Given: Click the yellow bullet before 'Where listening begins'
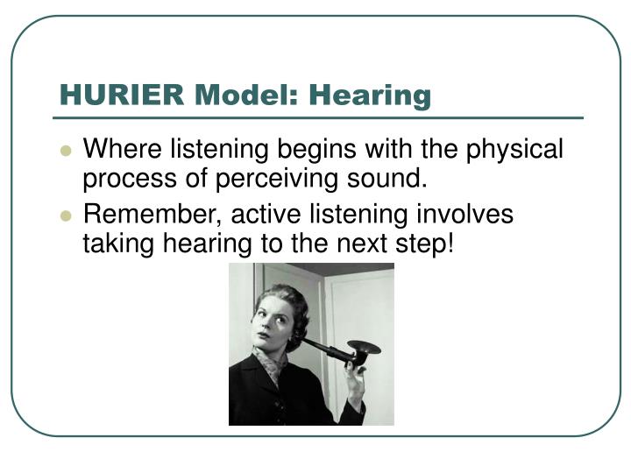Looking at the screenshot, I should coord(65,151).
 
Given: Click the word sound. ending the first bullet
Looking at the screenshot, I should coord(386,179).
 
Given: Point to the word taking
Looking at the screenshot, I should coord(118,244).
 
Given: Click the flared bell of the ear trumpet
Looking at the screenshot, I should coord(364,348).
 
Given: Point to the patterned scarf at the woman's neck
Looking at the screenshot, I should coord(266,360).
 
